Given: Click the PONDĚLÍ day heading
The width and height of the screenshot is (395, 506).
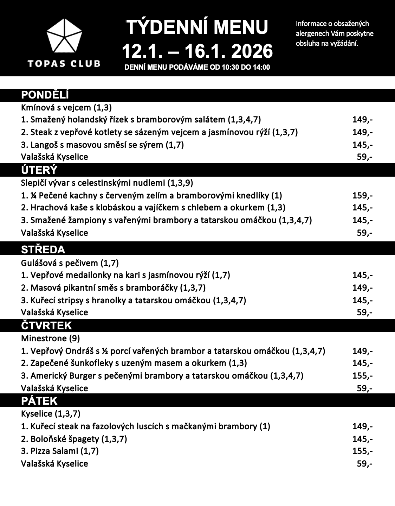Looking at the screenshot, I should [x=45, y=95].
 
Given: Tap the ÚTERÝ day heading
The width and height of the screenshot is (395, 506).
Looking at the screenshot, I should [x=39, y=170].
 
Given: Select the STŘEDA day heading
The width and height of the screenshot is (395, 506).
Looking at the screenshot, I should [x=43, y=249].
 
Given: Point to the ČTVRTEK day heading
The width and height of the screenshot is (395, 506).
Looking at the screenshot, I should [x=46, y=325].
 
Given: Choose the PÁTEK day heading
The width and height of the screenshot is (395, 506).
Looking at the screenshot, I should [x=39, y=401].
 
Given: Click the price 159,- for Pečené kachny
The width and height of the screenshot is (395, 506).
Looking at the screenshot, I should [x=362, y=195].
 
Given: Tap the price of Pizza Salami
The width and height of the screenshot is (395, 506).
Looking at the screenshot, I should [x=362, y=451].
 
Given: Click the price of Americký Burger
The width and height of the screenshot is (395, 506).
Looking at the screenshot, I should [x=362, y=375].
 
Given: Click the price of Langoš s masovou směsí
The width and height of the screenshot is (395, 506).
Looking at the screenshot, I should [x=362, y=145].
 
